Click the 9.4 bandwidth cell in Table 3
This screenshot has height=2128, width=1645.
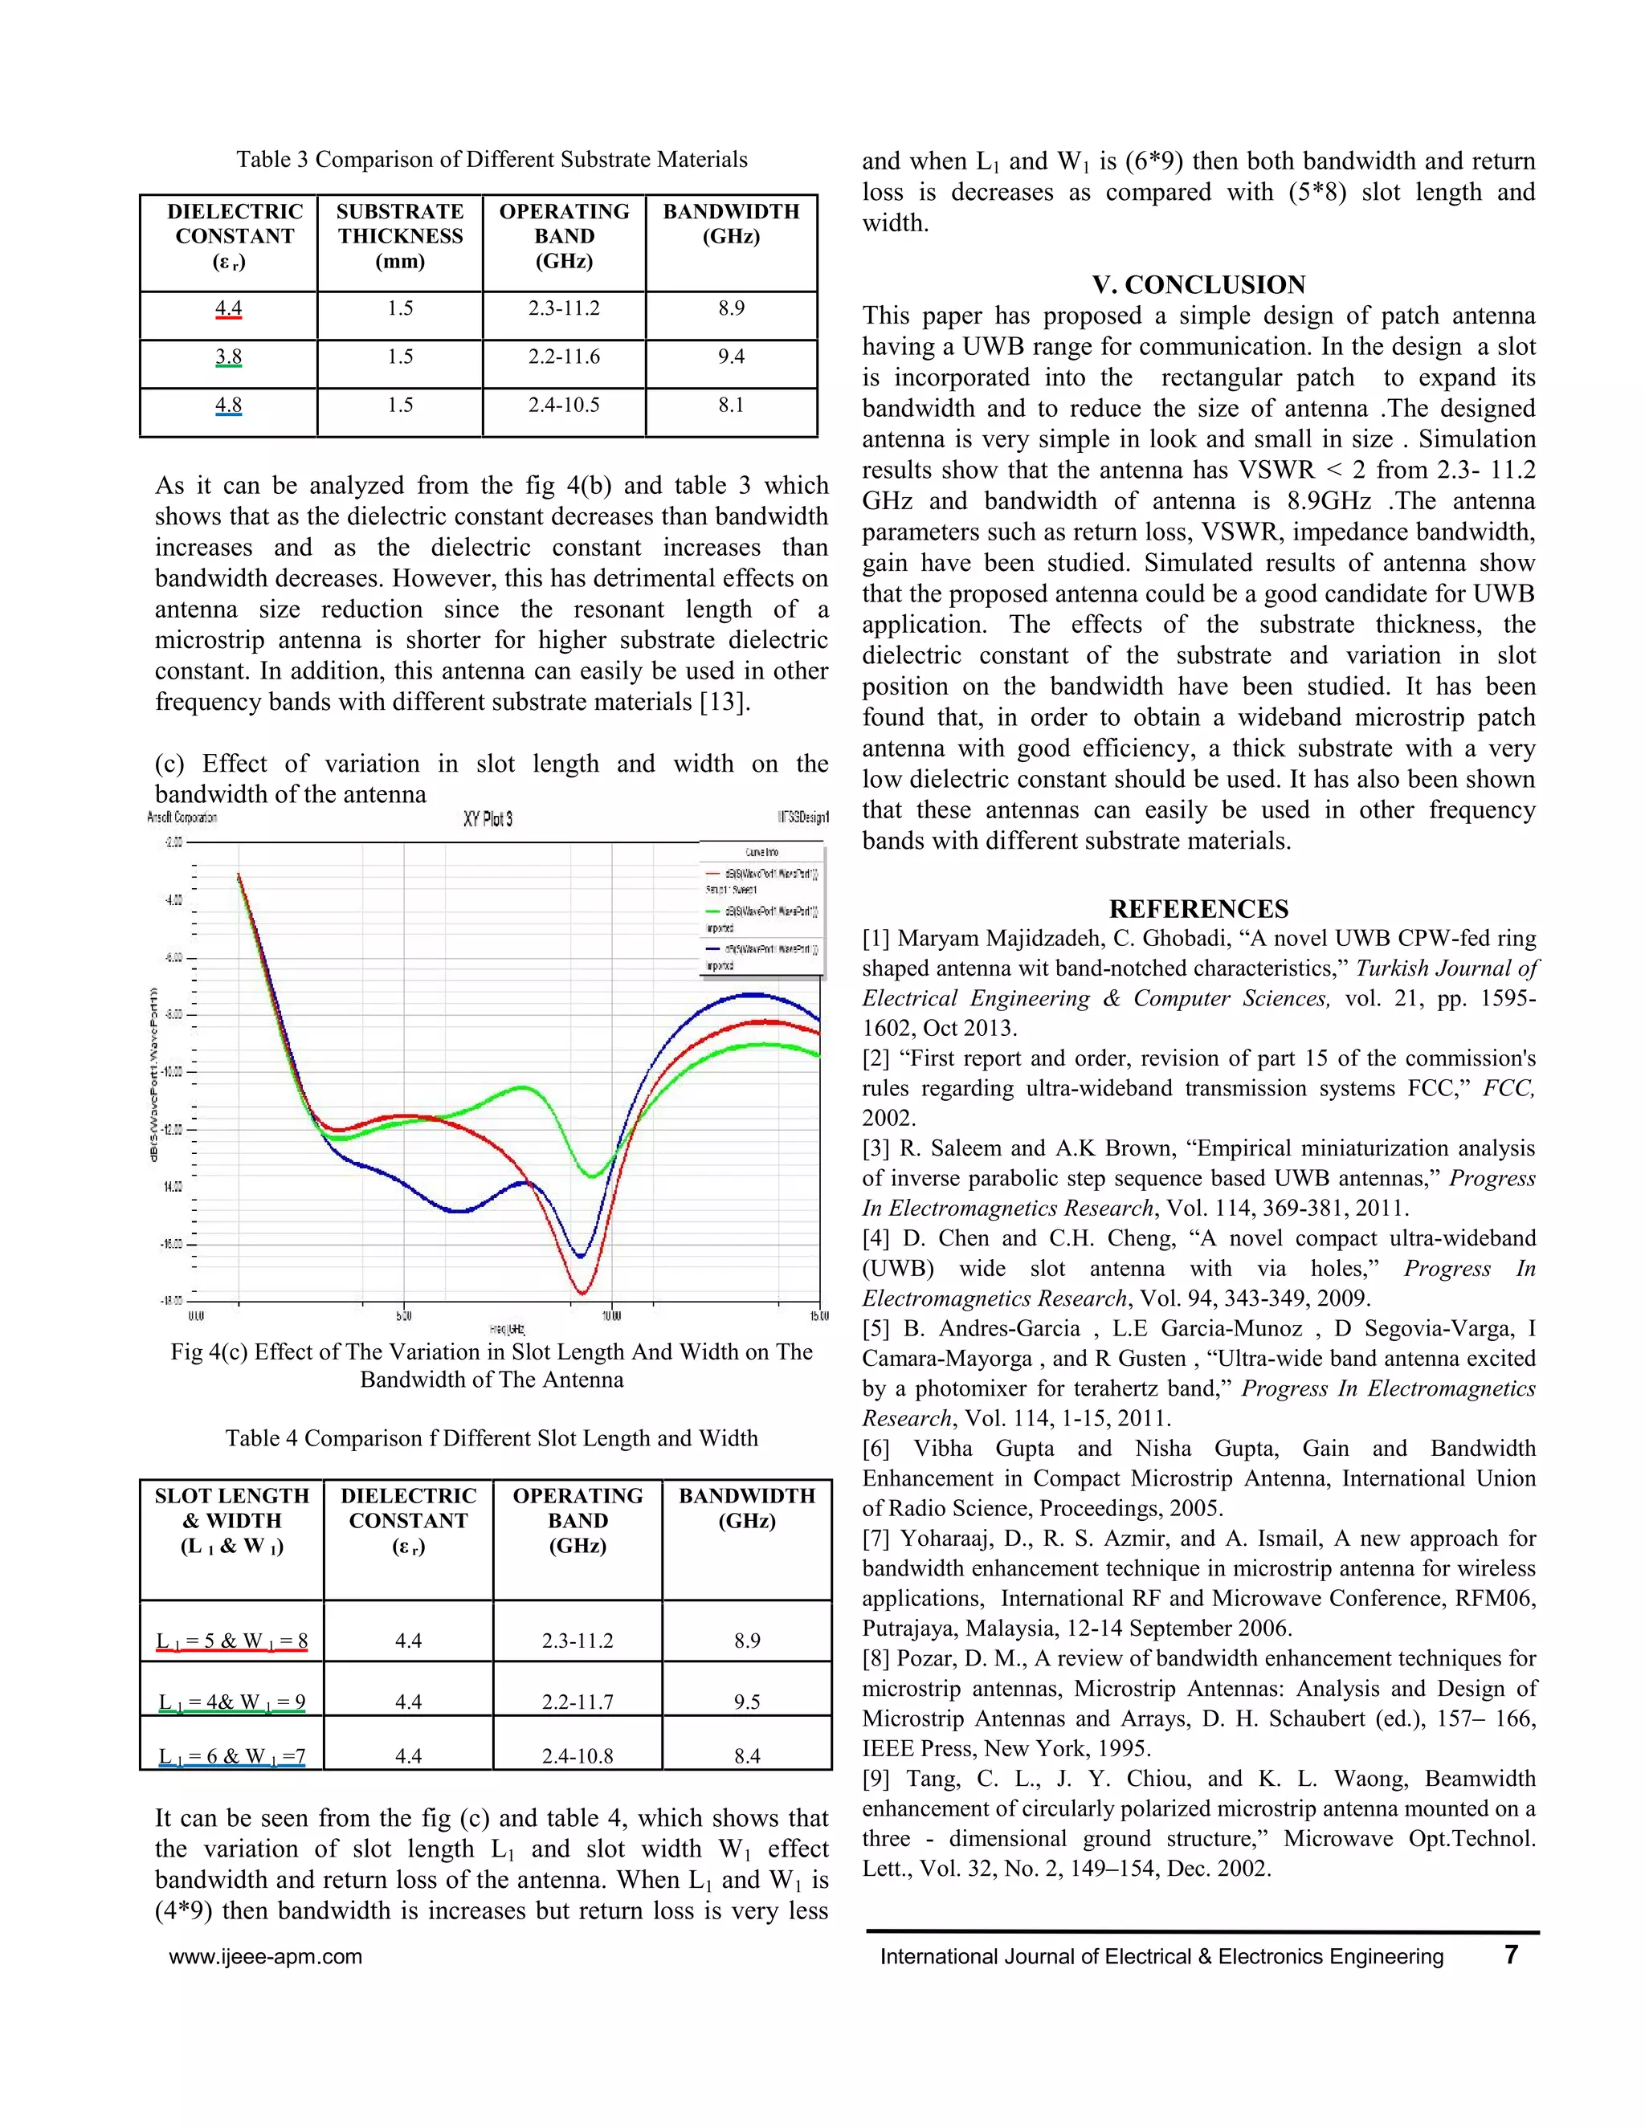731,357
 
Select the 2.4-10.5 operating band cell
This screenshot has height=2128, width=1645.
563,406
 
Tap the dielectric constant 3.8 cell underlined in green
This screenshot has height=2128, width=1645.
228,357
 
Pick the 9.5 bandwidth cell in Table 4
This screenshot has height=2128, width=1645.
746,1702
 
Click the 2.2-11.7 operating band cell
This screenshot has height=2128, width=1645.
577,1702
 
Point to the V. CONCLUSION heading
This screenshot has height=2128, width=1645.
1198,284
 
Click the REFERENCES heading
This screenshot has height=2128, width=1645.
1198,909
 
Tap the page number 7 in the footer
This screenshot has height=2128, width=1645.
1511,1955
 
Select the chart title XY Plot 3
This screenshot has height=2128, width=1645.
488,819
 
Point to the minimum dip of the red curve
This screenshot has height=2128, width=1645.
582,1293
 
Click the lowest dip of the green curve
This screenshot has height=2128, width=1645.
591,1176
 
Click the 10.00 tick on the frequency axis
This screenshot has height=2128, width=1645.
611,1315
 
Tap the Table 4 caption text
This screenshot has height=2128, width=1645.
491,1438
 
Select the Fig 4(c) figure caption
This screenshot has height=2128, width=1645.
491,1365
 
